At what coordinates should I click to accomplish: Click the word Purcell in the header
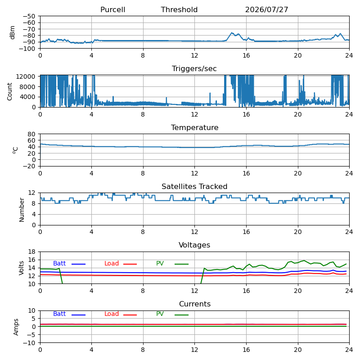[113, 9]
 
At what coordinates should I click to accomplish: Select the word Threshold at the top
[179, 9]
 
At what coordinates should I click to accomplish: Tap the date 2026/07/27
[266, 9]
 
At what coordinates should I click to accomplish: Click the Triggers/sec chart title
[194, 69]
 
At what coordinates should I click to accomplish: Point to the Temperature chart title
[195, 127]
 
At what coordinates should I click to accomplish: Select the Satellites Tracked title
[194, 186]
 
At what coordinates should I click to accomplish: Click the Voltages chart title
[194, 245]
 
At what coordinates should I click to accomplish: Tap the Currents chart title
[195, 304]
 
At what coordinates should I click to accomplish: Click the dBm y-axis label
[12, 32]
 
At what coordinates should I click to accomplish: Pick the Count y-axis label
[9, 92]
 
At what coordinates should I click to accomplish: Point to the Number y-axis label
[22, 210]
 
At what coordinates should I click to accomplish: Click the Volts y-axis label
[21, 268]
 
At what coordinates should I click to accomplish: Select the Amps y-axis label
[16, 327]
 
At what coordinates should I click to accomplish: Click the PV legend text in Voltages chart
[160, 263]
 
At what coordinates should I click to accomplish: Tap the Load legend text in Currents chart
[112, 314]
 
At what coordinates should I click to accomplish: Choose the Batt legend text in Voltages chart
[59, 263]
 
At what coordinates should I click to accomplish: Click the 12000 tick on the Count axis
[26, 76]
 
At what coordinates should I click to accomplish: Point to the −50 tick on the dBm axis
[29, 16]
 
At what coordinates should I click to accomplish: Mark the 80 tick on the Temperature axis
[31, 134]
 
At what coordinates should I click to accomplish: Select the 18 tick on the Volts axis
[31, 252]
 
